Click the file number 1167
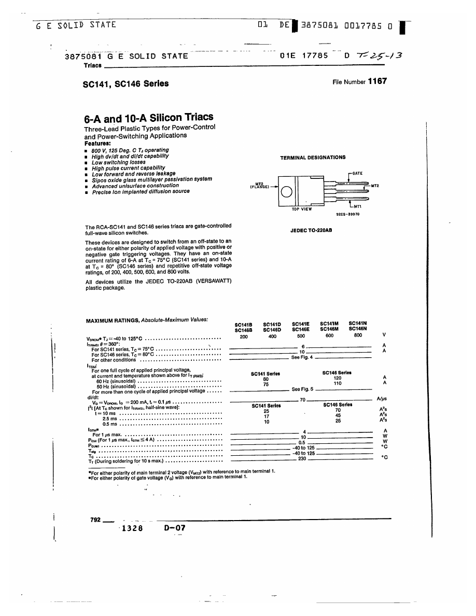click(377, 81)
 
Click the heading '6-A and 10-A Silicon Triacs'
click(148, 118)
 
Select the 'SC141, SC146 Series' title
click(125, 83)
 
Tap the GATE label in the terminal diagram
click(357, 173)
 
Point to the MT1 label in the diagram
click(357, 206)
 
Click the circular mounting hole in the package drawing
click(286, 193)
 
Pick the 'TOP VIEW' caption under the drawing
click(302, 209)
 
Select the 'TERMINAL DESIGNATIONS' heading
click(313, 157)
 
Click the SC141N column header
click(358, 323)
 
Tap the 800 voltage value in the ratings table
click(358, 335)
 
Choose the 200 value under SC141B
click(244, 337)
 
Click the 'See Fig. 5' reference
click(302, 389)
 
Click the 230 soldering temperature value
click(302, 458)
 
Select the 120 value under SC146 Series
click(337, 378)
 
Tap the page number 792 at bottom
click(95, 520)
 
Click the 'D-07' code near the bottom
click(174, 528)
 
